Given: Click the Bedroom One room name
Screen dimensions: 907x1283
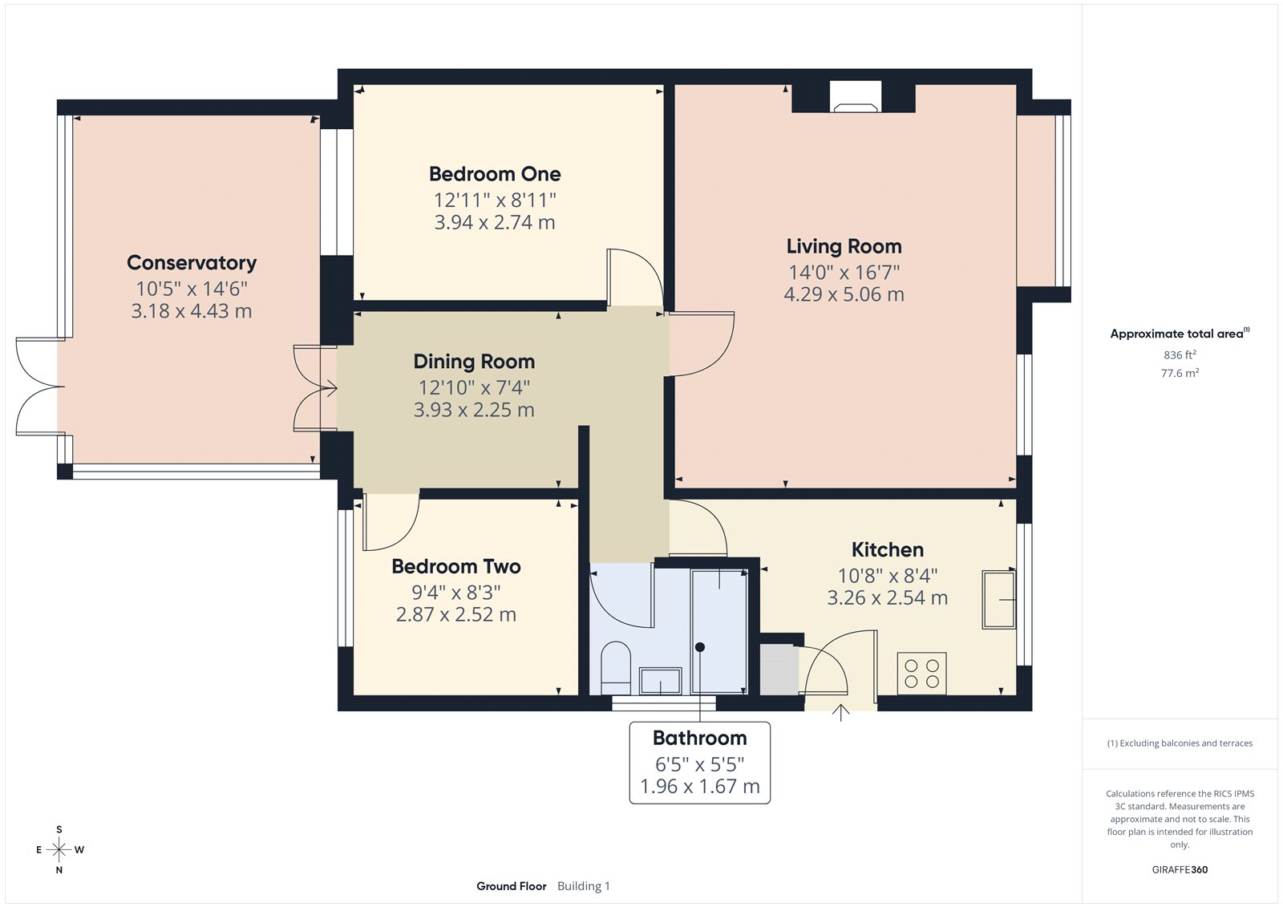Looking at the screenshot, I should point(495,174).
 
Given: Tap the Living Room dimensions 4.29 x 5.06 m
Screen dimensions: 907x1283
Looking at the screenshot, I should point(844,294).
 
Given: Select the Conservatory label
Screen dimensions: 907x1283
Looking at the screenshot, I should point(192,263).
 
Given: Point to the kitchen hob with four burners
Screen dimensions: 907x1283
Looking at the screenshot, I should point(921,673).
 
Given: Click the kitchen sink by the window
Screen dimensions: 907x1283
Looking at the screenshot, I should point(999,600).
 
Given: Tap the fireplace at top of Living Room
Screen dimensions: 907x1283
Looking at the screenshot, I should point(855,97).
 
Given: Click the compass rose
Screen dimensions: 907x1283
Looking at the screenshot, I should point(59,849).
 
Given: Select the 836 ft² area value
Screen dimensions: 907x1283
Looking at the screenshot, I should point(1180,354).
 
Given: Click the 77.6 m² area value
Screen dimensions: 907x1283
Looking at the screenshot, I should point(1180,373).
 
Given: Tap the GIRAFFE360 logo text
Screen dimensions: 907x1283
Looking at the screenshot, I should point(1180,869).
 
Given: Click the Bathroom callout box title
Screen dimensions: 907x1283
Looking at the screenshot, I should point(699,738).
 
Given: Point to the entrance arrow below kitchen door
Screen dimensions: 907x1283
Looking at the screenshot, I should point(840,712).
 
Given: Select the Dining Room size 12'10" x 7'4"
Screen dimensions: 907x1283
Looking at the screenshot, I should point(474,388).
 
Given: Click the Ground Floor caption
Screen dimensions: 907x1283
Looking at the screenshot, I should point(511,886).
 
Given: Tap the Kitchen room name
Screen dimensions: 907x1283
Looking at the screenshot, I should point(887,550).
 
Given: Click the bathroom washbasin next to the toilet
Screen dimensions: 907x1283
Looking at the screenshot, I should point(660,681).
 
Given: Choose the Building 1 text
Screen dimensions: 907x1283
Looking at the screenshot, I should point(583,886).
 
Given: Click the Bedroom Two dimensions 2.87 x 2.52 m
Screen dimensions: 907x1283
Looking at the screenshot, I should point(455,615).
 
